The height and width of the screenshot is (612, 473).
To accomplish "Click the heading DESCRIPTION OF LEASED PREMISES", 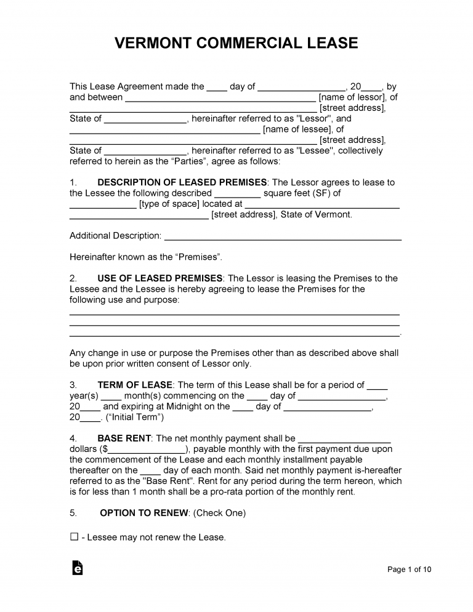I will [182, 182].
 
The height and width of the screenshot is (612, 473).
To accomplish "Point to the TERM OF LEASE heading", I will [135, 385].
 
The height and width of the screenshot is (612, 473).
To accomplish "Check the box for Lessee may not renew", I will [74, 537].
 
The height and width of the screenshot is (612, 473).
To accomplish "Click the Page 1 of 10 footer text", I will [409, 570].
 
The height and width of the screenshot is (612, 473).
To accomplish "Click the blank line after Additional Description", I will [283, 236].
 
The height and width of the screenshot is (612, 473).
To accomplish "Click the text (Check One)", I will [219, 512].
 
